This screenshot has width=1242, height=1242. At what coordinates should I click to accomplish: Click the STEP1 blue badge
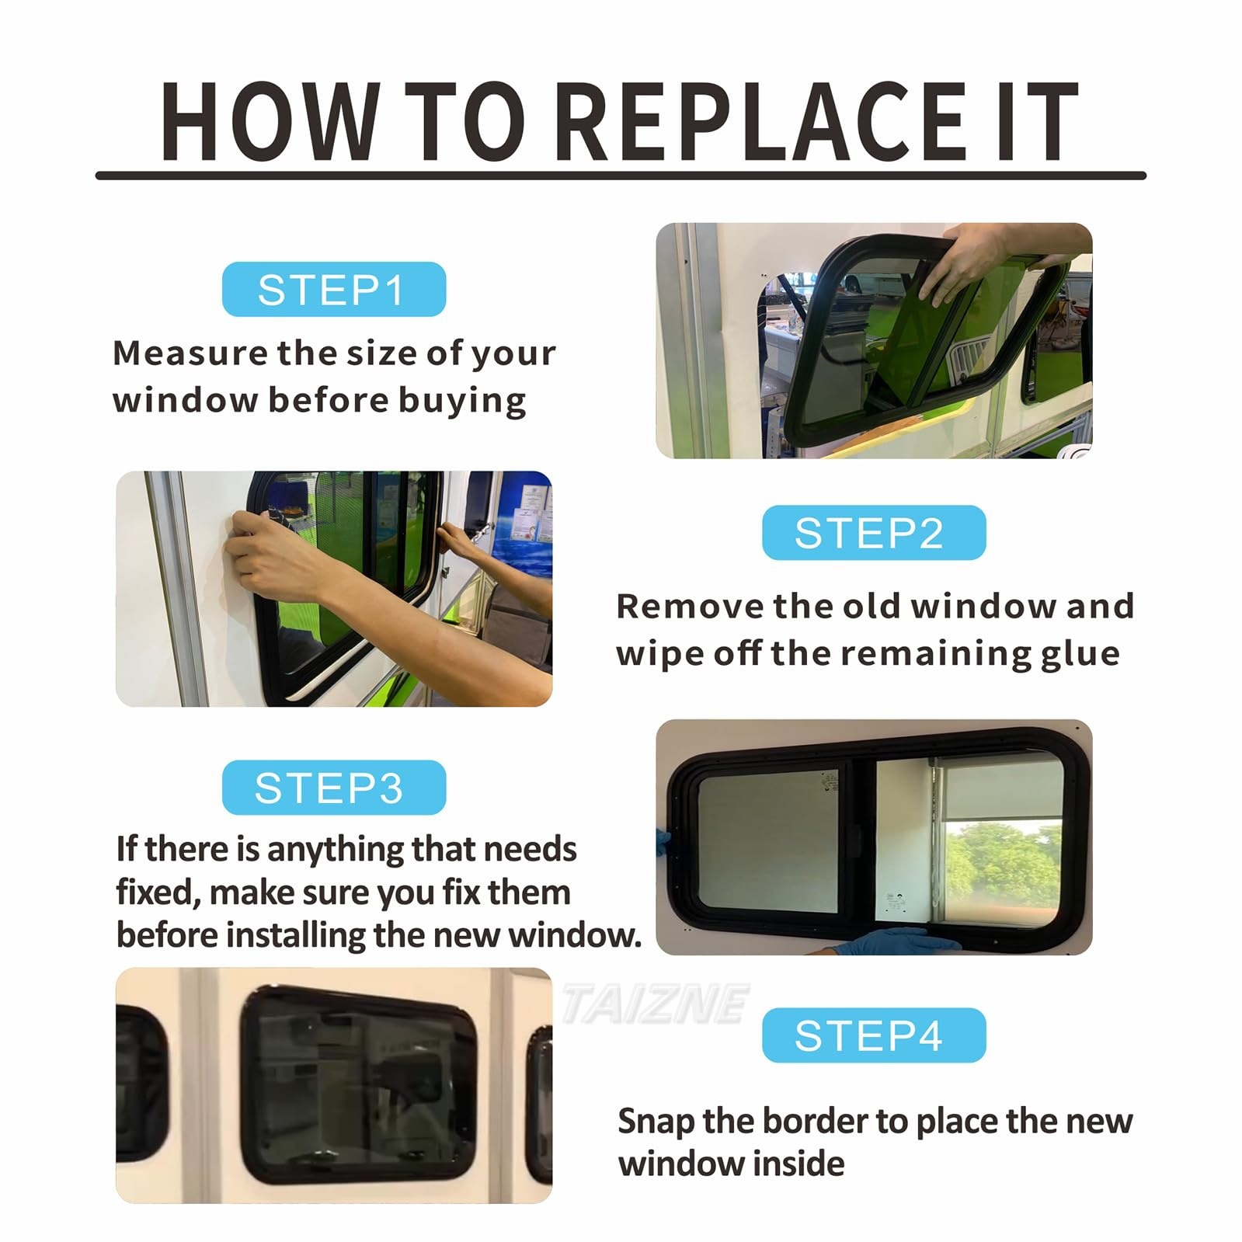click(333, 290)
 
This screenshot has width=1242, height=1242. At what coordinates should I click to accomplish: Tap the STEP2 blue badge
click(873, 533)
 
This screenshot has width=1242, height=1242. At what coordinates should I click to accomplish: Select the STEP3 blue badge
click(333, 788)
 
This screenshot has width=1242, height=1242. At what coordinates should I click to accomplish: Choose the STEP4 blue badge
click(873, 1035)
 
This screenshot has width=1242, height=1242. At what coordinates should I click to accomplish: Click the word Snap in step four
click(656, 1121)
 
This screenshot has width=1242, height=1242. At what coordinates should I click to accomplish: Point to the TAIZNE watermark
click(654, 1004)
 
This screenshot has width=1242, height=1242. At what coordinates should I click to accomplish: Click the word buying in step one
click(462, 401)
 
